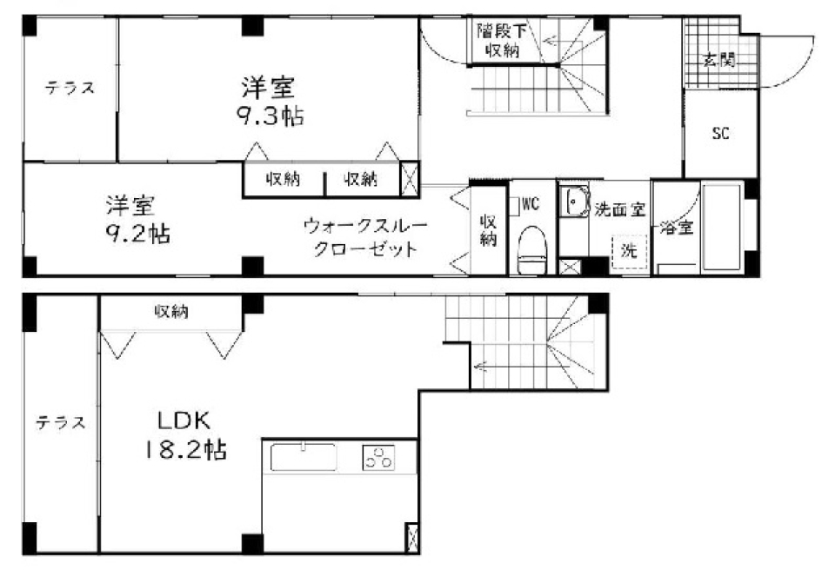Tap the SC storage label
point(720,134)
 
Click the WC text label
point(531,205)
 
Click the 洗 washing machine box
point(629,251)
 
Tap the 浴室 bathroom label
point(677,229)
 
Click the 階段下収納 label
point(503,41)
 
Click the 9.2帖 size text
point(133,234)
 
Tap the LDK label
point(184,421)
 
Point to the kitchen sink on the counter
point(304,455)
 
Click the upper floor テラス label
point(70,89)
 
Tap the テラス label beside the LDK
point(60,423)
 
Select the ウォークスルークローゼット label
point(365,237)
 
